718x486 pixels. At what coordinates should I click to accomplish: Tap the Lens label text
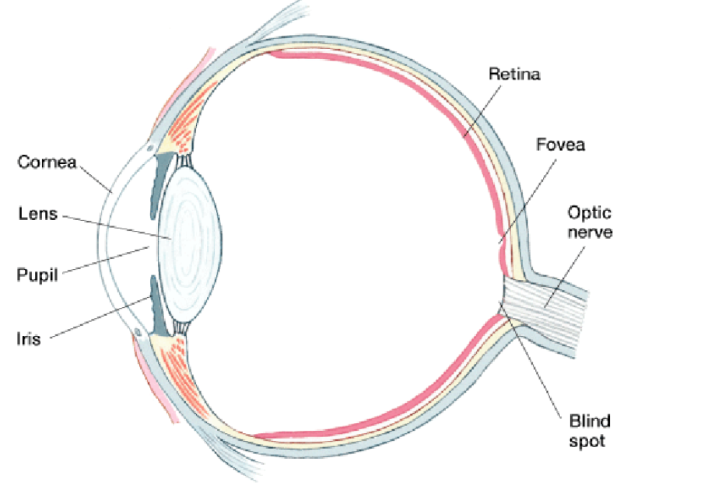[x=37, y=214]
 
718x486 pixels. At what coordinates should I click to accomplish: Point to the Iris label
[x=30, y=338]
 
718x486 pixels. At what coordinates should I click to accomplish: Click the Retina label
[x=514, y=75]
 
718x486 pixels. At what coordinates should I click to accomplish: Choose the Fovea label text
[x=560, y=145]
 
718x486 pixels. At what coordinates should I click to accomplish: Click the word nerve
[x=589, y=232]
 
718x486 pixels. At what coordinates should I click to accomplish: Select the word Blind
[x=590, y=422]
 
